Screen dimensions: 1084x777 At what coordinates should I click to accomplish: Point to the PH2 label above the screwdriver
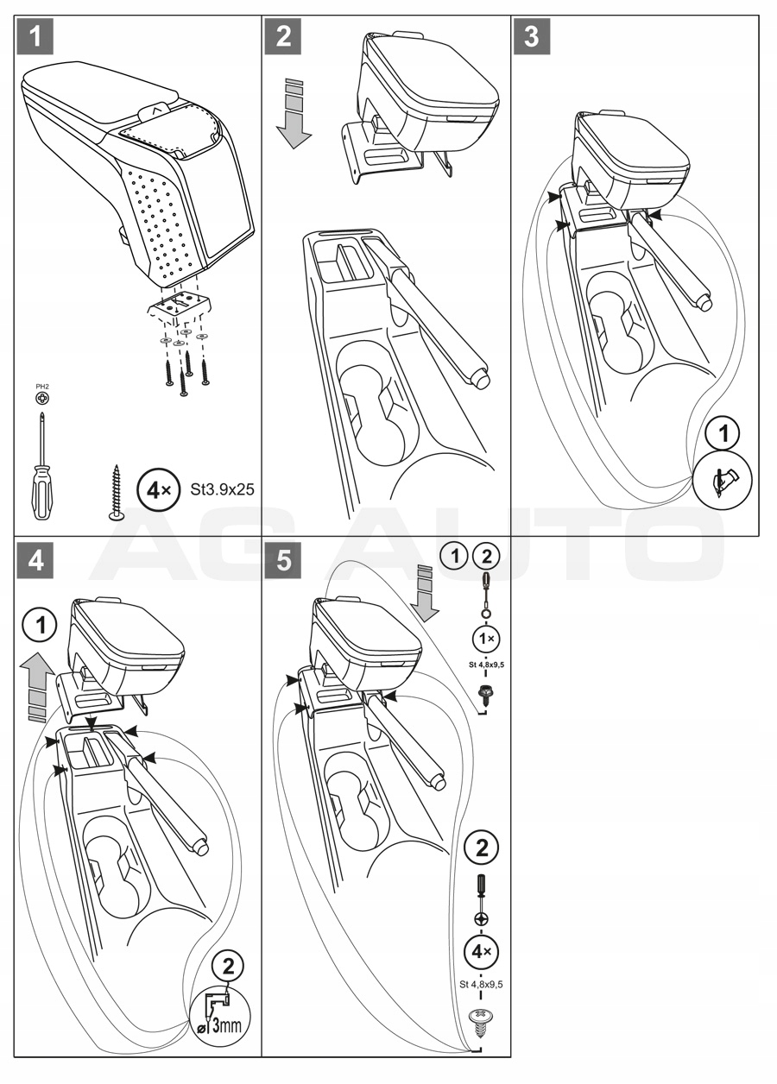coord(41,388)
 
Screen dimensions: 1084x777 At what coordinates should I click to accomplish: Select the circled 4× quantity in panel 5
coord(481,953)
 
